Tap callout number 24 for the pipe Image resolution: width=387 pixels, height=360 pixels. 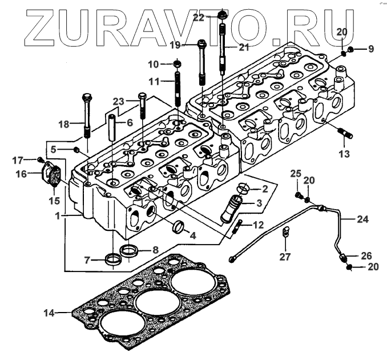[x=363, y=219]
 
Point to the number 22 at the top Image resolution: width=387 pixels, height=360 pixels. [x=197, y=18]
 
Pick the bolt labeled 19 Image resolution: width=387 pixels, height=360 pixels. [x=201, y=60]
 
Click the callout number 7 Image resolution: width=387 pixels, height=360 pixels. [x=87, y=260]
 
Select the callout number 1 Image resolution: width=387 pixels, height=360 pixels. [x=58, y=216]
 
